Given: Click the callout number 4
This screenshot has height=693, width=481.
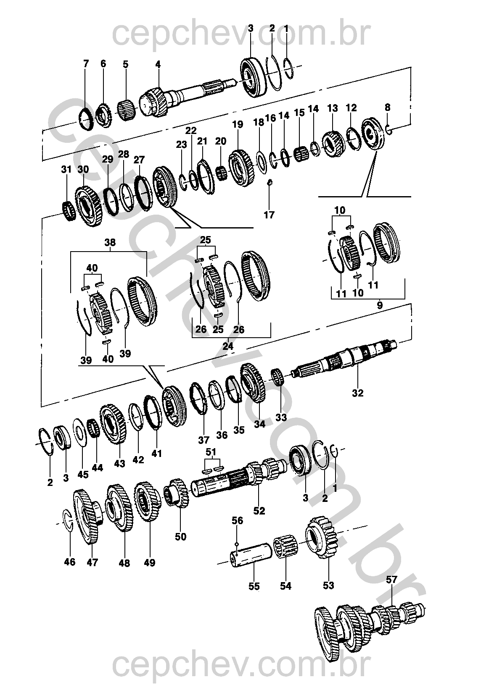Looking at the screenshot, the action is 158,65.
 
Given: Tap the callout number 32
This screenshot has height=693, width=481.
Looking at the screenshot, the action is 357,393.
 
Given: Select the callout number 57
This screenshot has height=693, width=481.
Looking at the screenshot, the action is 391,580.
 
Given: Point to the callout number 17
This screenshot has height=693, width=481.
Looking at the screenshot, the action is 269,214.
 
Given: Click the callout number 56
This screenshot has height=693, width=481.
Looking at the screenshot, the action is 238,520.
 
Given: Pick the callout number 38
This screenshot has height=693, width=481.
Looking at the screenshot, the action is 110,242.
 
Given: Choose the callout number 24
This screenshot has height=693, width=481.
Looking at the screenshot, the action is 227,346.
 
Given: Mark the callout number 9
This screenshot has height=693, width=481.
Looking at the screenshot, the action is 380,305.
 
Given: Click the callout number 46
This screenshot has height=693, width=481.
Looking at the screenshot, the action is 70,562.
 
